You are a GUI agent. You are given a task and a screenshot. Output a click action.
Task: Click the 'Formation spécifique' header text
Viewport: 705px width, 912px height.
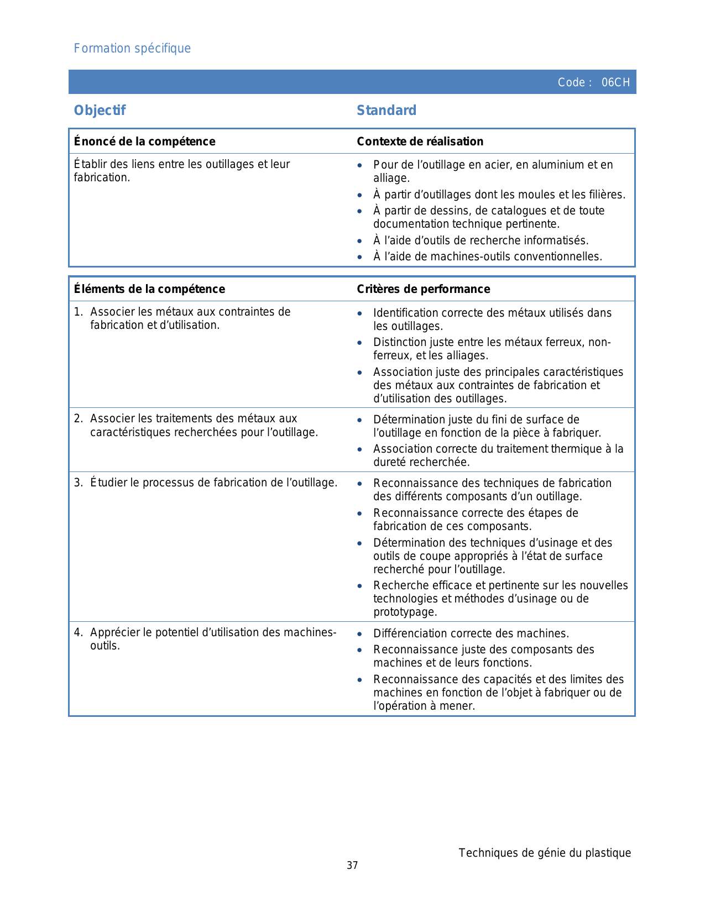click(x=132, y=49)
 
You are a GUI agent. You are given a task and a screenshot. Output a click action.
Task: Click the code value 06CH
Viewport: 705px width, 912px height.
click(x=615, y=82)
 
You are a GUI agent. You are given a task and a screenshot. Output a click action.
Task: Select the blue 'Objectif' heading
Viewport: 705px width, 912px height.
click(x=100, y=111)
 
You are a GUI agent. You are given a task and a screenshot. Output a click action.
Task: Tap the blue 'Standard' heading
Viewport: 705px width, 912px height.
click(x=386, y=111)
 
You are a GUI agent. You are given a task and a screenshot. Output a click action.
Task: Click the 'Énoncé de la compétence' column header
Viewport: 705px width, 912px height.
click(x=144, y=141)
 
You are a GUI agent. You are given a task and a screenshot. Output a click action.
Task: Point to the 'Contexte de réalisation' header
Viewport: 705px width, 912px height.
click(x=420, y=141)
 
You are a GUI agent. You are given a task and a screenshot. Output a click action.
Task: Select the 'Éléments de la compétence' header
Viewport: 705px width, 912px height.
click(x=149, y=289)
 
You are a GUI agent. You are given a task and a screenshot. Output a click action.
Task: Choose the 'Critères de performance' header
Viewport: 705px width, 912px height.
click(x=423, y=289)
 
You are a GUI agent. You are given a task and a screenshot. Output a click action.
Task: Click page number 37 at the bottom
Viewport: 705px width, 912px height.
click(x=352, y=866)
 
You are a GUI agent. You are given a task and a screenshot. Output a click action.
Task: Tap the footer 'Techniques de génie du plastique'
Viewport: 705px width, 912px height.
click(x=545, y=853)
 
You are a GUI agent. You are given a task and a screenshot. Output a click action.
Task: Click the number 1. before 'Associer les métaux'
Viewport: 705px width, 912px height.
click(x=78, y=312)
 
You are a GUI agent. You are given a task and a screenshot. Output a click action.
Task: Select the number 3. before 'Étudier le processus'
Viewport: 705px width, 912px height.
click(x=78, y=483)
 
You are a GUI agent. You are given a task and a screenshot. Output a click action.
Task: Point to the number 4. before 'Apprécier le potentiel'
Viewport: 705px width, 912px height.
click(x=78, y=632)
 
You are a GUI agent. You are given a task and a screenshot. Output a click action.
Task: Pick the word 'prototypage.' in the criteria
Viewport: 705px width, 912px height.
click(x=405, y=612)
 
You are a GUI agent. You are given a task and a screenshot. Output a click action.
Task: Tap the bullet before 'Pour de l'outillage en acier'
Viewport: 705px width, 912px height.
click(x=360, y=165)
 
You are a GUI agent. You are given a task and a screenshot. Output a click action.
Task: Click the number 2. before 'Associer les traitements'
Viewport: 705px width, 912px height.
click(x=78, y=418)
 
